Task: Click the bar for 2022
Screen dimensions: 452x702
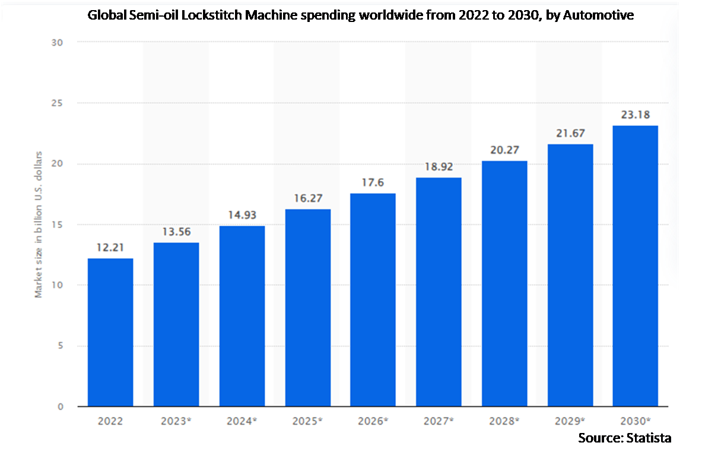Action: pyautogui.click(x=110, y=333)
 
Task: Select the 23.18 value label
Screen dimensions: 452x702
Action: pyautogui.click(x=635, y=115)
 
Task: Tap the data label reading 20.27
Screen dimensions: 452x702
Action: pyautogui.click(x=504, y=150)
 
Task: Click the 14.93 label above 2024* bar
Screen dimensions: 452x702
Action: pyautogui.click(x=242, y=216)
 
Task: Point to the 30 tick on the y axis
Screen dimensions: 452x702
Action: pyautogui.click(x=58, y=43)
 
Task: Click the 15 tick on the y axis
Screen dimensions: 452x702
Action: pyautogui.click(x=58, y=225)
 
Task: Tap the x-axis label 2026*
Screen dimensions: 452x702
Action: pyautogui.click(x=373, y=421)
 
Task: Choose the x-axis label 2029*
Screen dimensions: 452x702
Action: pyautogui.click(x=570, y=421)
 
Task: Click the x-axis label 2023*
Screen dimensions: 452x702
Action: pyautogui.click(x=176, y=421)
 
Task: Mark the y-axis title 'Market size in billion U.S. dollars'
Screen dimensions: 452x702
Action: pyautogui.click(x=39, y=225)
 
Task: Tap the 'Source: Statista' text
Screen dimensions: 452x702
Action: pyautogui.click(x=624, y=438)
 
